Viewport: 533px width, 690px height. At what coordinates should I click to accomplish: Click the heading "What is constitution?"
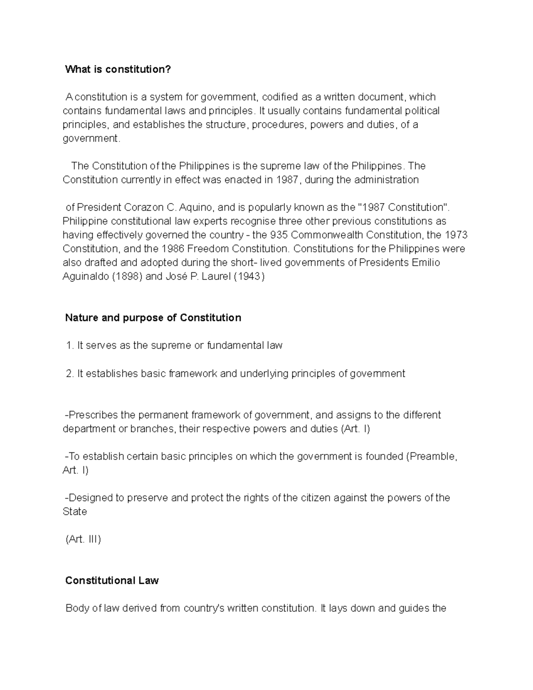[118, 69]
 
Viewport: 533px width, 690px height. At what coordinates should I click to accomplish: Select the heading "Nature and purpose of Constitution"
[153, 318]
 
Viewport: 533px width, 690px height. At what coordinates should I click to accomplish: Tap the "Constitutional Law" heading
[112, 581]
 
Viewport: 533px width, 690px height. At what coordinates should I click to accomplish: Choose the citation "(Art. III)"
[84, 539]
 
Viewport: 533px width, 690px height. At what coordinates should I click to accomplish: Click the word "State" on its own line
[75, 512]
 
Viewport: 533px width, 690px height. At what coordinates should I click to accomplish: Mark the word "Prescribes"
[93, 415]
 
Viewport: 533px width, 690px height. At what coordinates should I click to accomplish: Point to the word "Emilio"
[426, 263]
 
